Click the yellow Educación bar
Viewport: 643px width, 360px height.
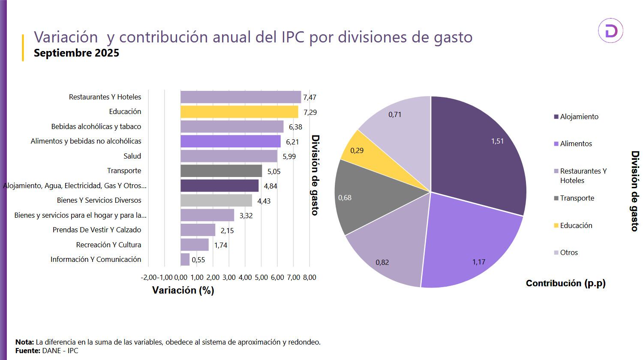tap(239, 112)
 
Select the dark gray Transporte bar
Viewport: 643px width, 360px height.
tap(221, 171)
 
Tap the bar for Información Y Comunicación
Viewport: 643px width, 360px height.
tap(185, 260)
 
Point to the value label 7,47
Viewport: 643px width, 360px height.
tap(309, 98)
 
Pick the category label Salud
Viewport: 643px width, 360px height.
tap(132, 156)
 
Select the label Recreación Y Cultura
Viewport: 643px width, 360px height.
tap(108, 245)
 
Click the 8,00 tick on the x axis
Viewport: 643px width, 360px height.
tap(309, 278)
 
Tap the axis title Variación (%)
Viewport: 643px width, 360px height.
tap(183, 291)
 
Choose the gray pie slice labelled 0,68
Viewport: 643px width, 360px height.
tap(364, 197)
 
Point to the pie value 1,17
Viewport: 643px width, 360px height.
tap(479, 262)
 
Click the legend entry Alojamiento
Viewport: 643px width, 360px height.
tap(579, 117)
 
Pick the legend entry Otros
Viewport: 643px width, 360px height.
tap(569, 253)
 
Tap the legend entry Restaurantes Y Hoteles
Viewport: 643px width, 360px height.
tap(583, 176)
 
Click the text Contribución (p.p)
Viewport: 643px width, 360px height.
tap(565, 284)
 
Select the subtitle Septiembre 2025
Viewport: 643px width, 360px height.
tap(76, 53)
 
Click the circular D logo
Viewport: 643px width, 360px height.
tap(610, 31)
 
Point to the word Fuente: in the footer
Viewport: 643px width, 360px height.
tap(28, 351)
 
